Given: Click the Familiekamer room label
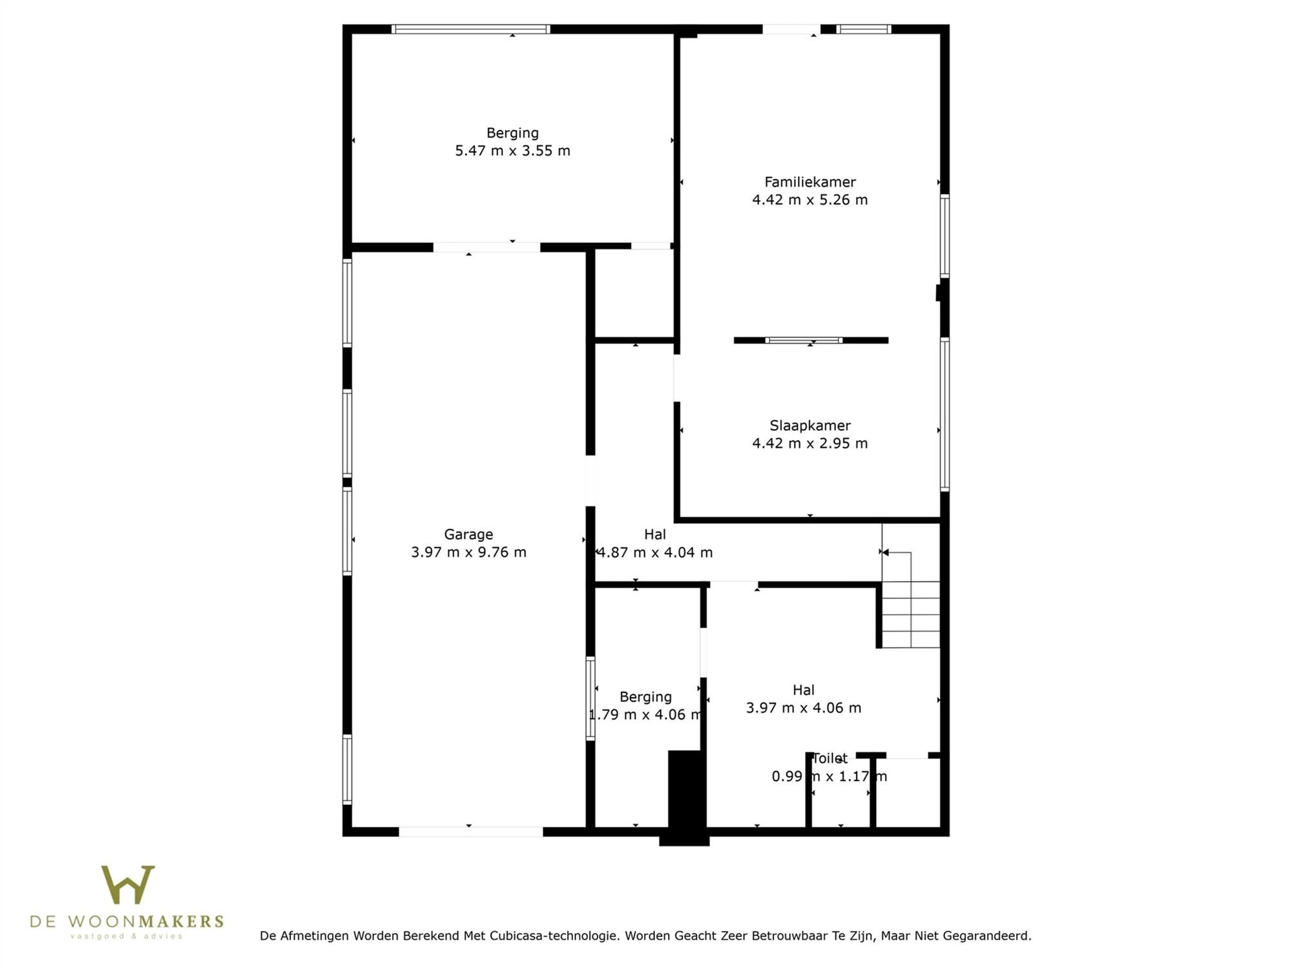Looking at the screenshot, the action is point(810,182).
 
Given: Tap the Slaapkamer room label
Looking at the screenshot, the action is point(810,426).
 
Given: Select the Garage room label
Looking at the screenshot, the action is point(468,535).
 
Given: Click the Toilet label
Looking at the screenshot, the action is point(829,758).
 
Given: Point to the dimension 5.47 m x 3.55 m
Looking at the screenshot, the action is point(512,151).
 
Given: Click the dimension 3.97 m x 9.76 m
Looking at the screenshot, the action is point(468,552).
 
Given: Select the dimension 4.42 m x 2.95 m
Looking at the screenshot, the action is point(810,443).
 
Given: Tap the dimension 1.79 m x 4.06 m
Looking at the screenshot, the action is point(645,714).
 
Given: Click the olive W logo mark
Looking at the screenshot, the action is point(128,884).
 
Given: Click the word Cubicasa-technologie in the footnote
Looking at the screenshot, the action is point(554,935).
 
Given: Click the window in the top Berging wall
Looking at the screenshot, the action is point(471,29).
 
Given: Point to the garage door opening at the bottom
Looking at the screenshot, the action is point(471,832).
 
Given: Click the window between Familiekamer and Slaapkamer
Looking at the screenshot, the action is point(804,340).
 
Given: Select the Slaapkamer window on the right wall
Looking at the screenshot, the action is point(944,414).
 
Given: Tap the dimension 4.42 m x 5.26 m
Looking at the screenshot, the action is point(810,200).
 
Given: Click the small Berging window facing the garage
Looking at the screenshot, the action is point(590,698).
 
